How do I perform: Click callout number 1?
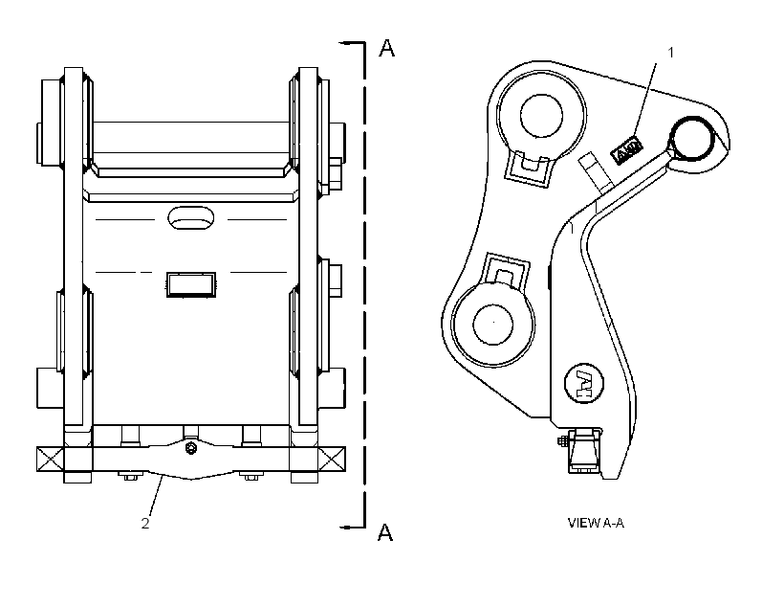point(671,52)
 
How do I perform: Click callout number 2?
point(145,524)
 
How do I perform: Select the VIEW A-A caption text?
point(596,523)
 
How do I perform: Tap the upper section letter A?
point(386,48)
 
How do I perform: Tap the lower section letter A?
point(385,532)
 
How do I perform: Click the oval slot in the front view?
point(190,218)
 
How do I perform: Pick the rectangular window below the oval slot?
point(191,284)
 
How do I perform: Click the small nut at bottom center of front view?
point(190,447)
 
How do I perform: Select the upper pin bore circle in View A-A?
point(541,116)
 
